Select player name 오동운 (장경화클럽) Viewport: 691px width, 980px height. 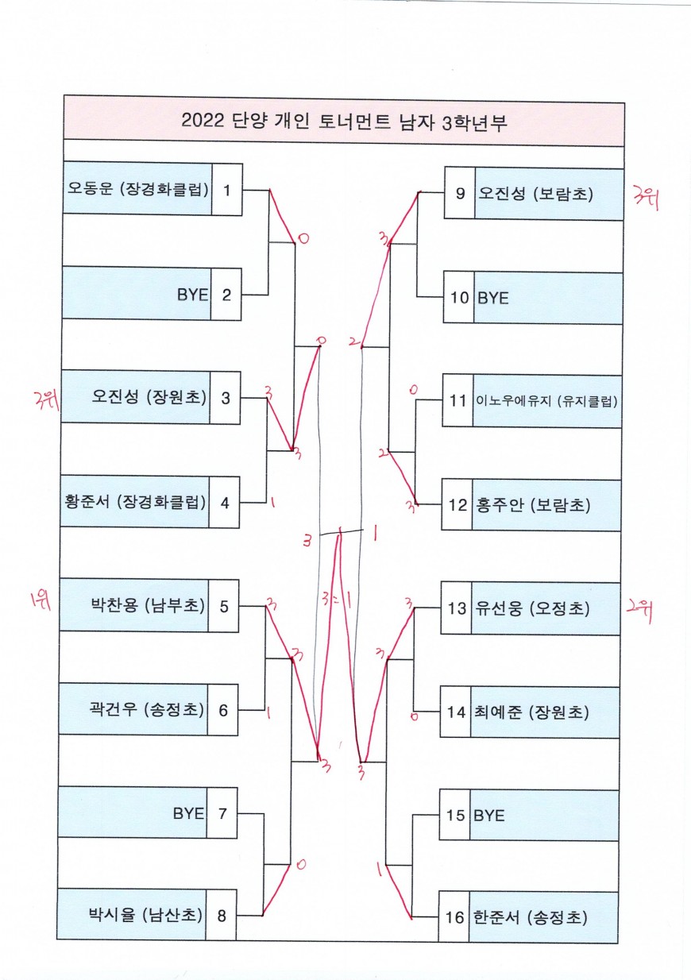(x=137, y=189)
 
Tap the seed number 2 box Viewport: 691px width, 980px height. (x=226, y=295)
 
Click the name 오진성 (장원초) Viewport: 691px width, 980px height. (x=149, y=397)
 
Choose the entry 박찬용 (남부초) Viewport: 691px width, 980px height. (x=148, y=606)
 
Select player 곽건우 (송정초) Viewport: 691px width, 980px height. (x=148, y=709)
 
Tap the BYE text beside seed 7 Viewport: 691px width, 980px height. (x=188, y=813)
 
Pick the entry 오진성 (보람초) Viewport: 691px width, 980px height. (x=535, y=193)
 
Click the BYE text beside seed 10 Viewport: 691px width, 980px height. (x=492, y=298)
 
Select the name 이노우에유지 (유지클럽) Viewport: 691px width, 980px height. (x=546, y=401)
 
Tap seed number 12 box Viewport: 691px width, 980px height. (x=457, y=504)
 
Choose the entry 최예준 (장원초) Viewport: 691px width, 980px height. (x=533, y=712)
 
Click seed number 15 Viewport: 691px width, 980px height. (x=455, y=815)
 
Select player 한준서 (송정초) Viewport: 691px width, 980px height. (x=530, y=917)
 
